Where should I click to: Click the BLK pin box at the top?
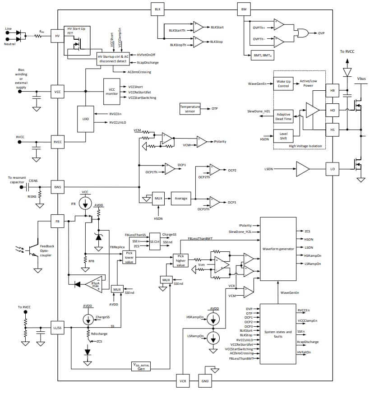[x=157, y=9]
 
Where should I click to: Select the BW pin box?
[x=243, y=9]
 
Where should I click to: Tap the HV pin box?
[x=57, y=36]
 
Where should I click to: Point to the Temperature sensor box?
[x=189, y=109]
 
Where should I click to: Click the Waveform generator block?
[x=278, y=249]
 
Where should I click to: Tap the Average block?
[x=180, y=198]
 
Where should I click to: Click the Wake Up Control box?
[x=283, y=83]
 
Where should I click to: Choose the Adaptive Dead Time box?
[x=283, y=117]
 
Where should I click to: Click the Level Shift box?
[x=283, y=136]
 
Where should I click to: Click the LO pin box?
[x=332, y=169]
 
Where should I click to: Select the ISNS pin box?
[x=57, y=187]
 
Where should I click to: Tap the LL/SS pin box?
[x=57, y=329]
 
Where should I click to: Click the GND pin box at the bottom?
[x=205, y=381]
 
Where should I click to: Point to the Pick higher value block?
[x=180, y=260]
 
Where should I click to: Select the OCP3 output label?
[x=232, y=203]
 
